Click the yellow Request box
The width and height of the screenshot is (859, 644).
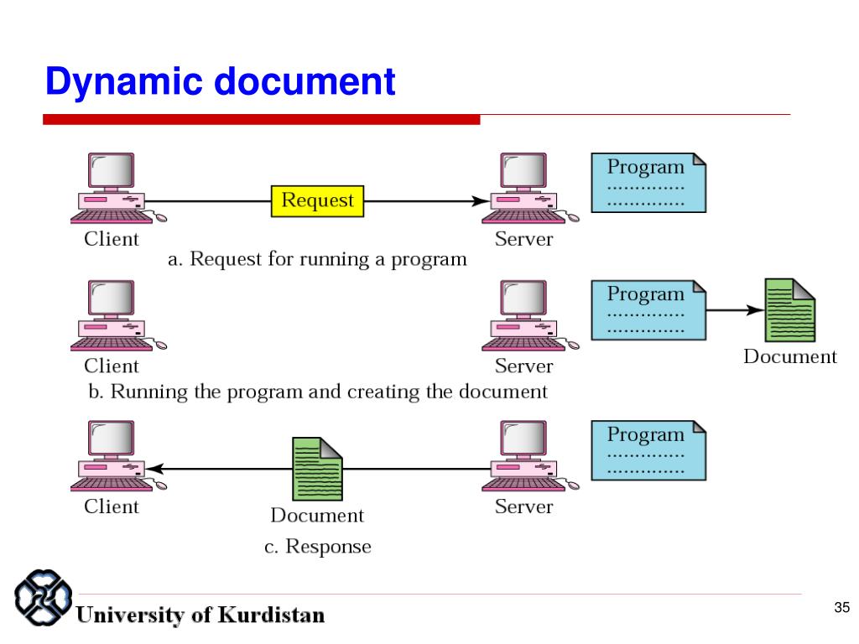(x=317, y=201)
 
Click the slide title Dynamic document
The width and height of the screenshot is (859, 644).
(x=220, y=82)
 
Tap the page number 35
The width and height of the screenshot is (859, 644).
(x=841, y=607)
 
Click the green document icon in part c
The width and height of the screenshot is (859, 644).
(x=316, y=469)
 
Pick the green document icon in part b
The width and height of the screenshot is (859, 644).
(x=790, y=310)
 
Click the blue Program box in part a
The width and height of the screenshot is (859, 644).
(x=648, y=182)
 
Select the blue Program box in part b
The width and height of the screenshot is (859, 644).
(x=648, y=309)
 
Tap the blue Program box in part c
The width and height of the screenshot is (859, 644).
(x=648, y=450)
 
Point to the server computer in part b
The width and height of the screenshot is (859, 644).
(x=526, y=315)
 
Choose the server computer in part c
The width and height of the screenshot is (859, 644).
(x=526, y=456)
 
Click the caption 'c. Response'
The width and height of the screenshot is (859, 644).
(x=317, y=547)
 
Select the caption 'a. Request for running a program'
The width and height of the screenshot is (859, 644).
(x=317, y=259)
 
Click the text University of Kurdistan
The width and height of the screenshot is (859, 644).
(x=201, y=615)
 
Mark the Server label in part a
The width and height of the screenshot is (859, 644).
(x=523, y=239)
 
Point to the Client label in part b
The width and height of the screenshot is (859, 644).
(x=112, y=366)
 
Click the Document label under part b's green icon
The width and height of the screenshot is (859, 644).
(x=790, y=357)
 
